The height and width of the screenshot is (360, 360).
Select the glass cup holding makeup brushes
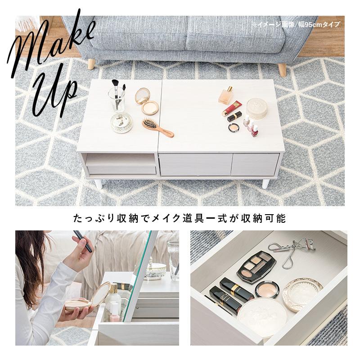coord(116,99)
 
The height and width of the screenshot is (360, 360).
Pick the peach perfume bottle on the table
coord(225,96)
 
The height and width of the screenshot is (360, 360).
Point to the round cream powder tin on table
coord(256,108)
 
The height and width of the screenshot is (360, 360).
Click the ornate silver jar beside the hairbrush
coord(121,123)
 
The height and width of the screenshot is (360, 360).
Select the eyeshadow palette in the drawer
coord(256,266)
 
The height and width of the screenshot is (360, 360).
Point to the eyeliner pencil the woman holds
coord(84,241)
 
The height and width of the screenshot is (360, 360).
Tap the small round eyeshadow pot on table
coord(233,127)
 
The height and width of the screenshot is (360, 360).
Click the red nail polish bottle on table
coord(255,131)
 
